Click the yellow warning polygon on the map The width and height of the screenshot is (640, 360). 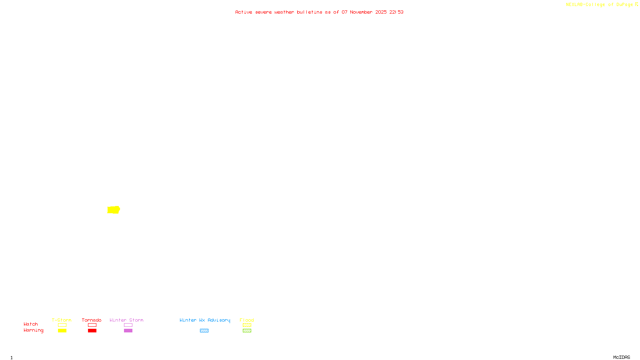click(x=114, y=210)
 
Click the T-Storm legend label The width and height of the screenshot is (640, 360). click(x=62, y=320)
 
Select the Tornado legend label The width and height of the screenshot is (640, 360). click(x=92, y=320)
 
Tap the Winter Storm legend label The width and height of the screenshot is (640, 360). click(x=126, y=320)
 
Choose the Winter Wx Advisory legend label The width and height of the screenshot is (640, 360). click(x=205, y=320)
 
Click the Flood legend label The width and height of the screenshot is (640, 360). click(x=247, y=320)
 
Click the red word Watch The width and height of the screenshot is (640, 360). click(x=31, y=324)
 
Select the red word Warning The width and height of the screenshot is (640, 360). click(x=34, y=330)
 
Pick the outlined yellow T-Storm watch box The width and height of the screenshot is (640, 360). click(x=62, y=325)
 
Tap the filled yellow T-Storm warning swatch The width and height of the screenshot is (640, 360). click(x=62, y=331)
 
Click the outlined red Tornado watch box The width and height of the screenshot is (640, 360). click(x=92, y=325)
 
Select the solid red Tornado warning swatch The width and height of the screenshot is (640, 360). click(x=92, y=331)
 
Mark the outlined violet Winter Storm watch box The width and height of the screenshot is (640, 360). click(x=128, y=325)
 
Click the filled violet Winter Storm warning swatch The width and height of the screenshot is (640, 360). click(x=128, y=331)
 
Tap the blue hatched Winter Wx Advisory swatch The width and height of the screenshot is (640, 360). click(x=204, y=331)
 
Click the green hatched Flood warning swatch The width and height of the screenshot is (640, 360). click(x=247, y=331)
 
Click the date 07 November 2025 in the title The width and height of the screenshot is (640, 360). click(x=364, y=12)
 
